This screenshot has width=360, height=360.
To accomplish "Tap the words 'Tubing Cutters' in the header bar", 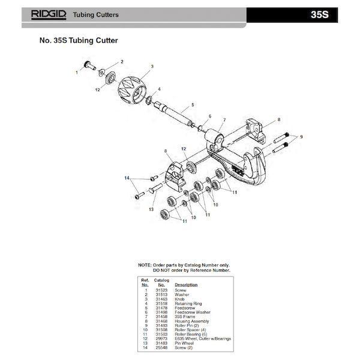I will pyautogui.click(x=95, y=13).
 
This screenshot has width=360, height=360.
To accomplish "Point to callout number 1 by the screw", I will pyautogui.click(x=76, y=71).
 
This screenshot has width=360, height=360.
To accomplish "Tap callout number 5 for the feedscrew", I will pyautogui.click(x=193, y=104).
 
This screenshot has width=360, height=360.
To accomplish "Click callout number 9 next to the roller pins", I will pyautogui.click(x=302, y=137).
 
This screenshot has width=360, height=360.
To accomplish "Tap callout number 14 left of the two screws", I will pyautogui.click(x=127, y=178).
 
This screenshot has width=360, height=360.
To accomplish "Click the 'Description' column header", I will pyautogui.click(x=186, y=284).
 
